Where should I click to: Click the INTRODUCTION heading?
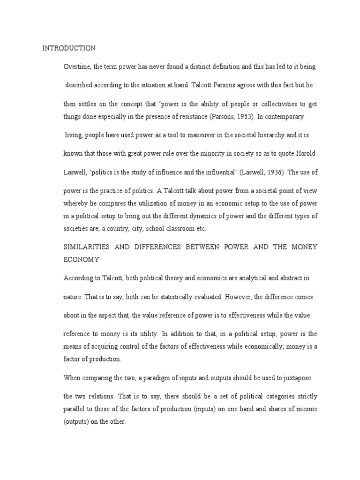tap(69, 48)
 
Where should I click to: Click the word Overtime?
tap(77, 67)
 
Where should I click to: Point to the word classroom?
tap(177, 229)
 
